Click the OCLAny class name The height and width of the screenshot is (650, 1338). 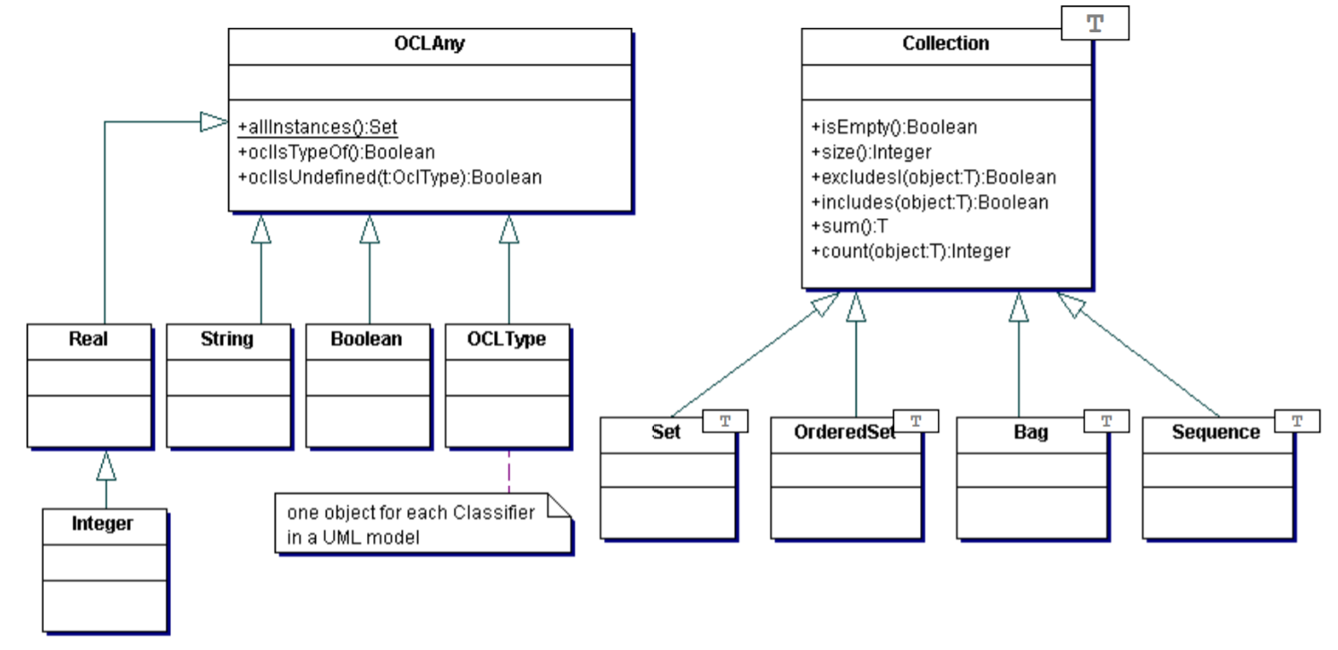tap(430, 44)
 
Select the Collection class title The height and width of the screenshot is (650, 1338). tap(945, 44)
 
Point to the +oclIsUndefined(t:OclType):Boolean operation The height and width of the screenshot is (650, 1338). tap(389, 177)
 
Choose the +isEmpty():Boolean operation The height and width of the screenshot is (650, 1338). tap(894, 127)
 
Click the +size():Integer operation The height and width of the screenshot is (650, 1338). tap(870, 152)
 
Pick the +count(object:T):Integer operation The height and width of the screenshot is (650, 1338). tap(910, 252)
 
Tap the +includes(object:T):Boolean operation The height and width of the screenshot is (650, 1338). tap(929, 202)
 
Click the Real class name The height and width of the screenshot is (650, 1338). tap(89, 339)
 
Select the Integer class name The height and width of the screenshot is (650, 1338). tap(103, 524)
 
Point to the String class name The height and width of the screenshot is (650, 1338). tap(227, 339)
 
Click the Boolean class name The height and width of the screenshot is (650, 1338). tap(367, 339)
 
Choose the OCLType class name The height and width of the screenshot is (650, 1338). tap(507, 339)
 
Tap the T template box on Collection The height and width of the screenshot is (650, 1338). tap(1095, 23)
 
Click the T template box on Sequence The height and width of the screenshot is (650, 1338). tap(1296, 419)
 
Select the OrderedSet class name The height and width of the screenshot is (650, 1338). tap(845, 432)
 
